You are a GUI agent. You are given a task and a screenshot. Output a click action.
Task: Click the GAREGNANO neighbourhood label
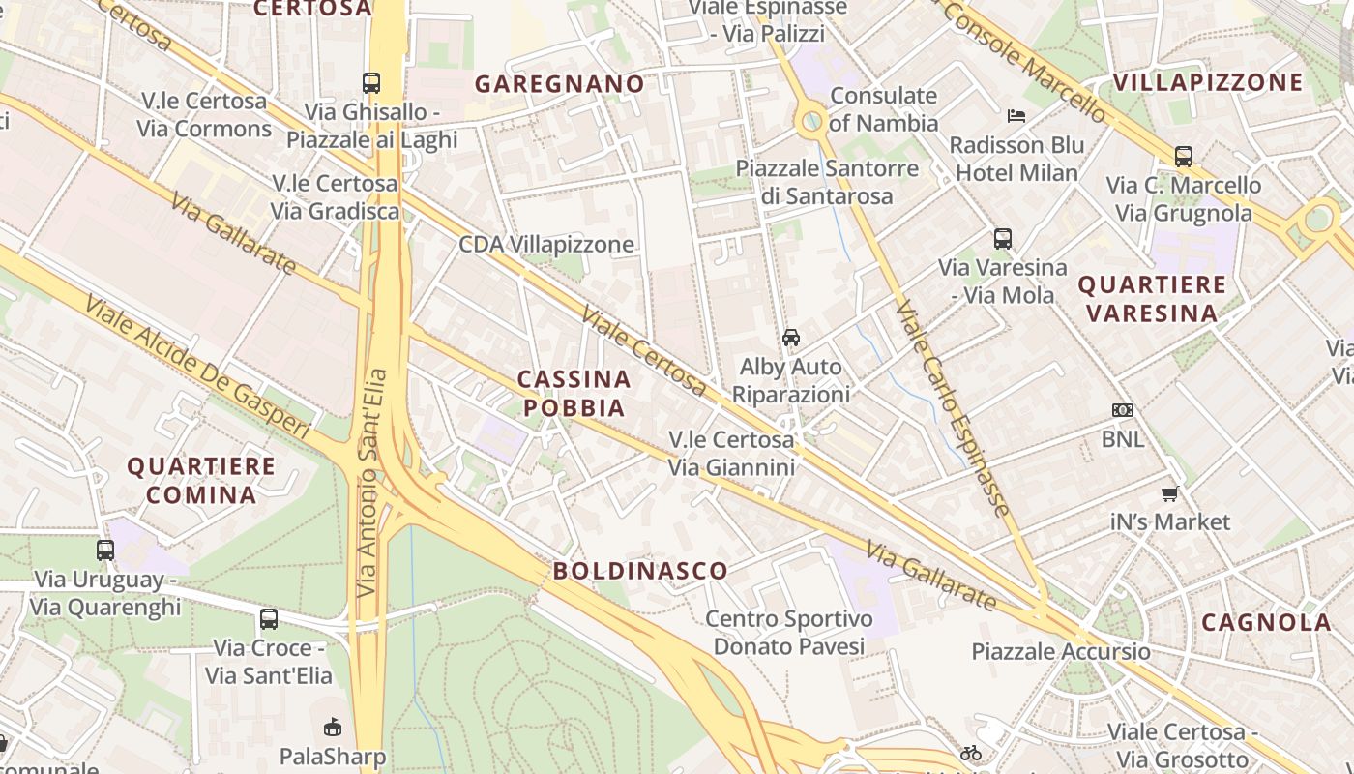[x=559, y=84]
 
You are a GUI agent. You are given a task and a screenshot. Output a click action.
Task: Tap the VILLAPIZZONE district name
[x=1208, y=82]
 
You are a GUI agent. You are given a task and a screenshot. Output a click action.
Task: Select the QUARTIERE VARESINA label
[x=1152, y=299]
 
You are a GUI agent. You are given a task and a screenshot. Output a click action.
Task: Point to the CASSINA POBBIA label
[x=574, y=393]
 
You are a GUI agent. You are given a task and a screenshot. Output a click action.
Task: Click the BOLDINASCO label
[x=640, y=571]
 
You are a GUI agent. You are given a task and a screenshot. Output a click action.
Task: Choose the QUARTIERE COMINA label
[x=201, y=480]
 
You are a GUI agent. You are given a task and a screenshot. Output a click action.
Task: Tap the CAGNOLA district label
[x=1266, y=622]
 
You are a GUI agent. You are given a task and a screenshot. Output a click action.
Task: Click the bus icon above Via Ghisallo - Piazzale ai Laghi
[x=371, y=83]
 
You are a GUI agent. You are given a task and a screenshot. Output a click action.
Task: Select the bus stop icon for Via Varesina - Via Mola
[x=1003, y=239]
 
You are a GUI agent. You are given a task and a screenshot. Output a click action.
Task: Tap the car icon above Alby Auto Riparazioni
[x=791, y=338]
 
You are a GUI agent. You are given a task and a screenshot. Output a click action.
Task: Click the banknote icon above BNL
[x=1122, y=410]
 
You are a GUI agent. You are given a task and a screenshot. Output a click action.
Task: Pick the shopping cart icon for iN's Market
[x=1169, y=494]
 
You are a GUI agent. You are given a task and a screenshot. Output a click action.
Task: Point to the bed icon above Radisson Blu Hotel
[x=1015, y=116]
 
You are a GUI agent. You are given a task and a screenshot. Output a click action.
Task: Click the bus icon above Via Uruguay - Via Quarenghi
[x=105, y=551]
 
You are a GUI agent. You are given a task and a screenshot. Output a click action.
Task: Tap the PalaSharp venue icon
[x=332, y=727]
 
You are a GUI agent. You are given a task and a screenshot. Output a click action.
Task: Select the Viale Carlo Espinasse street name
[x=954, y=406]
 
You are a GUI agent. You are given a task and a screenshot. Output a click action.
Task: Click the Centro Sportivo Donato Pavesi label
[x=788, y=632]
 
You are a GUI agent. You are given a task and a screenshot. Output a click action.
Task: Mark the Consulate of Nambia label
[x=883, y=109]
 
